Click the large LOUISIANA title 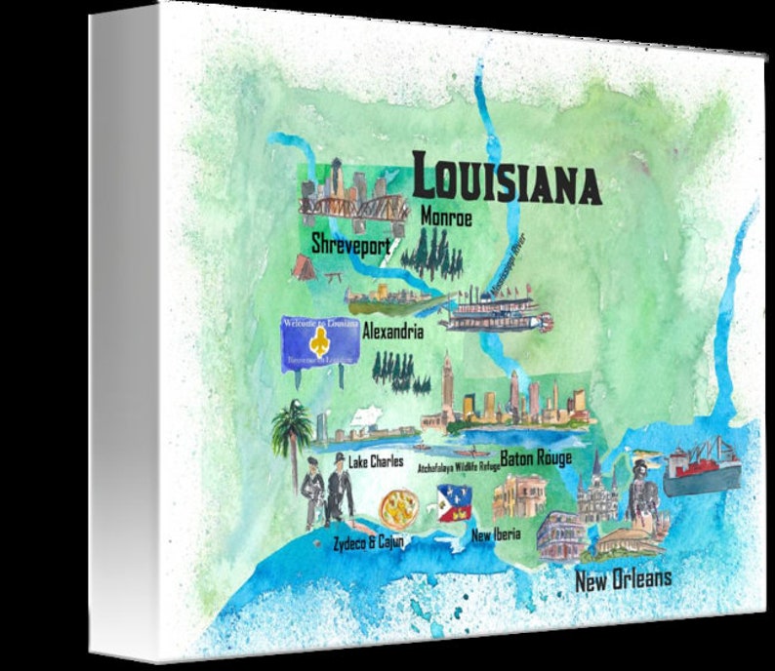506,178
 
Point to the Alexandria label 392,332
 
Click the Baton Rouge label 536,456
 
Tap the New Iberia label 497,534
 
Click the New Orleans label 623,580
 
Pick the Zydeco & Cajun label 368,541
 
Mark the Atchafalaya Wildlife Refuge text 459,468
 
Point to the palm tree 291,434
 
